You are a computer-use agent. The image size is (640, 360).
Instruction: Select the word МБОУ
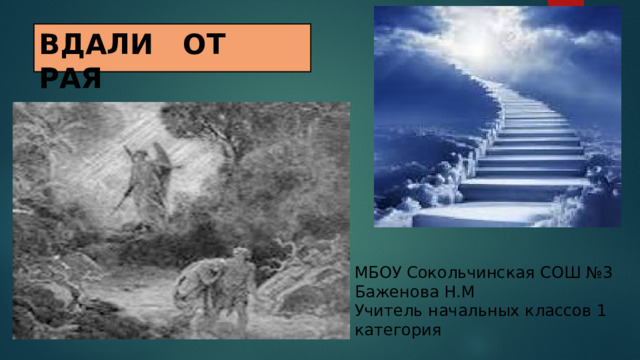click(377, 274)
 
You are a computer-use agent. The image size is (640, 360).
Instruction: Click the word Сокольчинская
click(461, 274)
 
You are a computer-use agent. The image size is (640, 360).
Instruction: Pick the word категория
click(396, 329)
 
